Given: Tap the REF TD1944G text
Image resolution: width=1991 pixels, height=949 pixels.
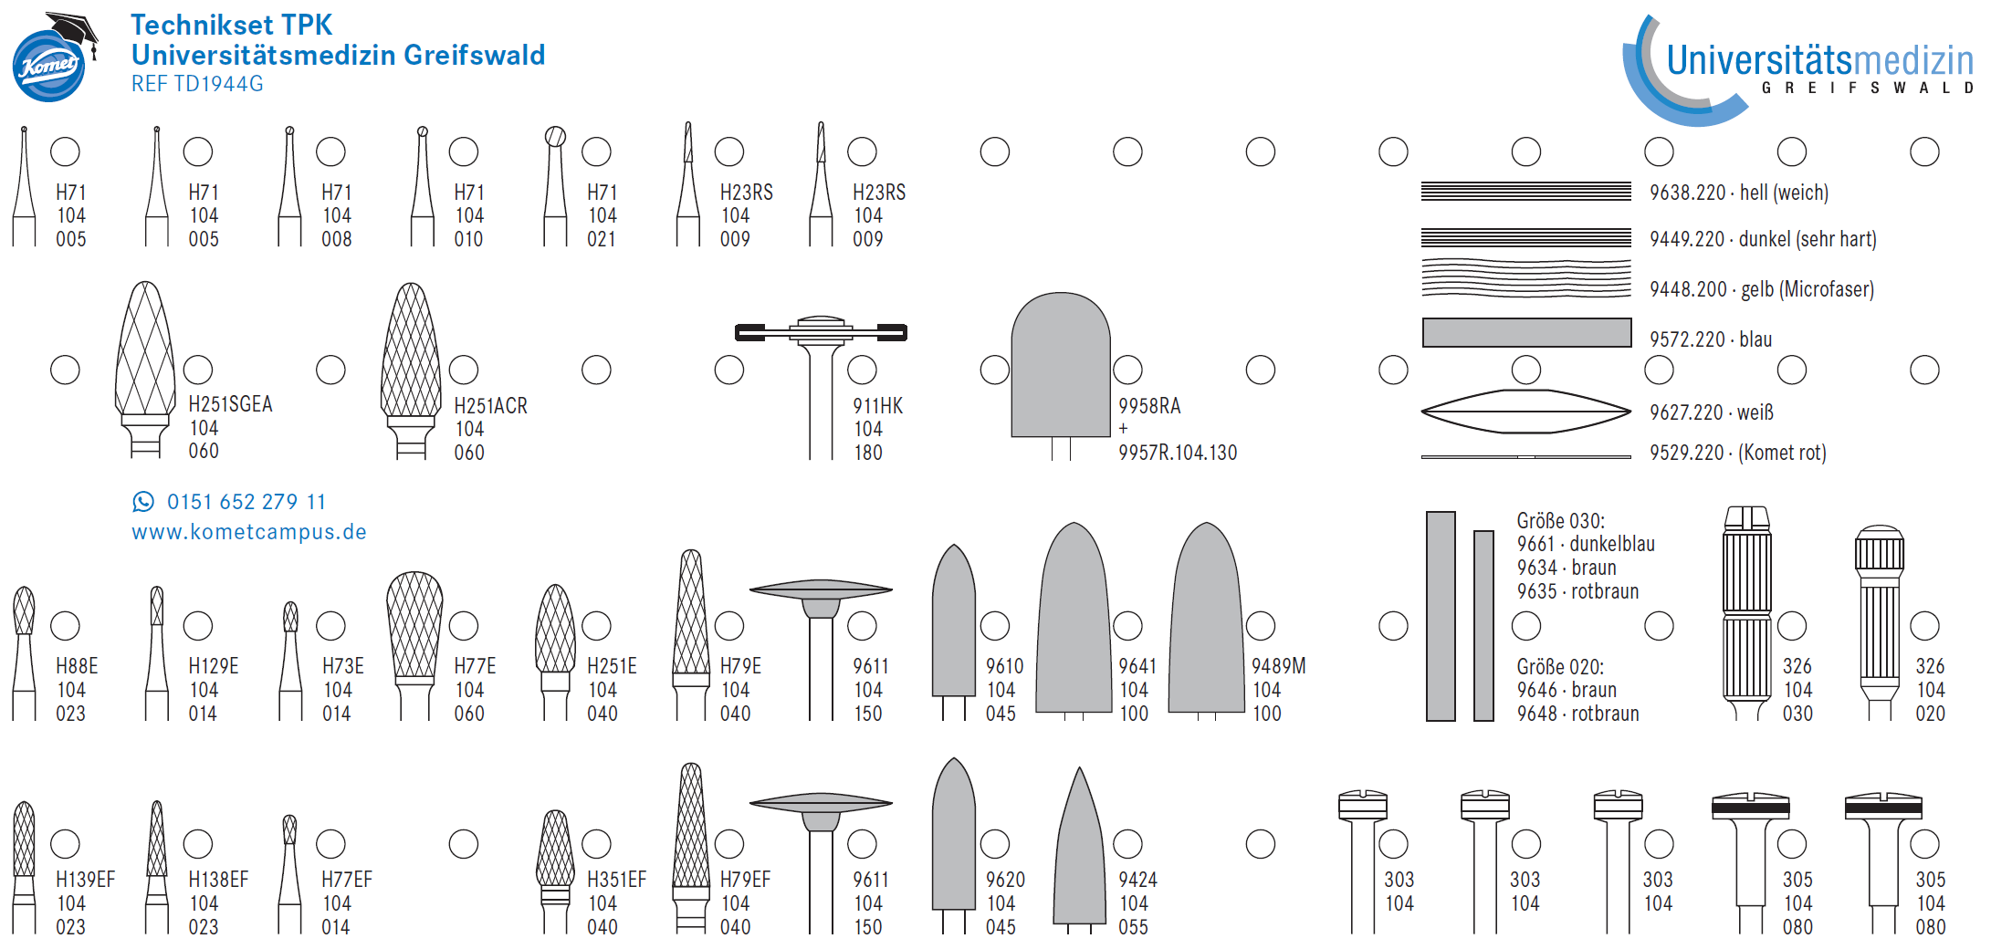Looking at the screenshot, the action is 197,84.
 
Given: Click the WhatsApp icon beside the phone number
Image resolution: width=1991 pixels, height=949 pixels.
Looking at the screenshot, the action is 143,501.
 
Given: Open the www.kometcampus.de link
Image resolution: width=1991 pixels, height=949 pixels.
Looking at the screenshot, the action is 249,532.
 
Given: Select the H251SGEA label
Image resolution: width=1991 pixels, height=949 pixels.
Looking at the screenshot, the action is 230,404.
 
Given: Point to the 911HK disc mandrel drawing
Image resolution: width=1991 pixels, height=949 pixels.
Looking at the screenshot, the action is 821,383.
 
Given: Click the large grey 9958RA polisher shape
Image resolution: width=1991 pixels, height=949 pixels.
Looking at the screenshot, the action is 1061,365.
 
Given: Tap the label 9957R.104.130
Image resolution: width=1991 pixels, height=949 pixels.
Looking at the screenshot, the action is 1178,453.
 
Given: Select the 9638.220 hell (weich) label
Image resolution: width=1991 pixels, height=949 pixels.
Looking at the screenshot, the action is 1739,193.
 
